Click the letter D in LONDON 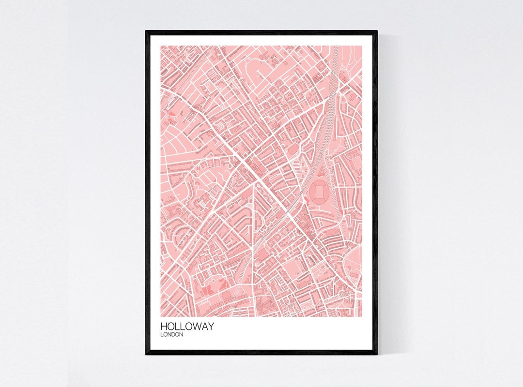(x=175, y=335)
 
